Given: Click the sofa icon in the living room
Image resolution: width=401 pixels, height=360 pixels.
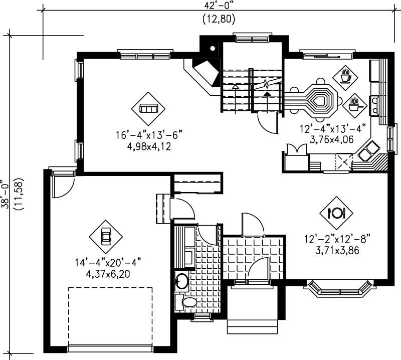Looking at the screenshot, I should tap(148, 108).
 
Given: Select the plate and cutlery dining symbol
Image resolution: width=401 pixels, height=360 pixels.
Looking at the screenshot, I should tap(336, 213).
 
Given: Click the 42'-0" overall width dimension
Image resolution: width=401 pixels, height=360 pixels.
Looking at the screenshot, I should tap(219, 6).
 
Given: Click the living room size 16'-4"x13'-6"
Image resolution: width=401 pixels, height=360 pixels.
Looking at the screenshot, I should tap(148, 135).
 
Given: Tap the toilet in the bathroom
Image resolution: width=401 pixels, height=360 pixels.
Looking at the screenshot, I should tap(187, 302).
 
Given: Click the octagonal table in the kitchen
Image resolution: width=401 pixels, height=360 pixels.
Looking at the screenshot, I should tap(319, 100).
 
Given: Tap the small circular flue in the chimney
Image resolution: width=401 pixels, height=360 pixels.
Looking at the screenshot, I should tap(213, 49).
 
